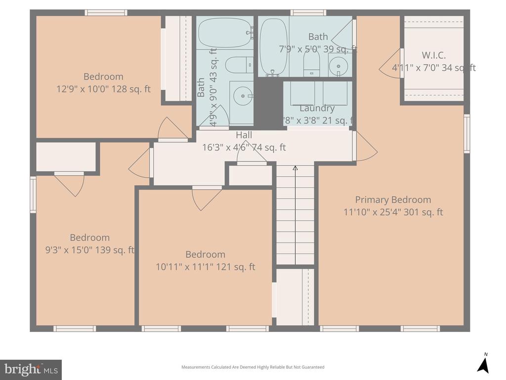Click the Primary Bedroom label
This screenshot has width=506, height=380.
point(393,200)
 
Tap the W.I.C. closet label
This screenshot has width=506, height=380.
point(433,55)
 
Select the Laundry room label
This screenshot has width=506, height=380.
point(317,108)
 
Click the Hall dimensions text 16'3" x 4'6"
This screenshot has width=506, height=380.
point(244,147)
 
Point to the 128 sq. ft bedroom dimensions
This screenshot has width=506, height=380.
point(103,89)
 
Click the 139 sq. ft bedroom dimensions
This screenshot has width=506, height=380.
point(89,250)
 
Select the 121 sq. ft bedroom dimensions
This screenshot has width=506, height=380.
point(205,267)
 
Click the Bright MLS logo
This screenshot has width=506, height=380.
point(31,369)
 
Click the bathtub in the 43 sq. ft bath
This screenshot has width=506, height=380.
point(225,32)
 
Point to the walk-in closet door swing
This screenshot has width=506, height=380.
point(390,63)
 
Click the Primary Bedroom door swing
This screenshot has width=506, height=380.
point(365,147)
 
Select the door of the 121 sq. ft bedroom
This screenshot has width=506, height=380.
point(206,197)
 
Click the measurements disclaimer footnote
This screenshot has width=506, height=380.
point(253,367)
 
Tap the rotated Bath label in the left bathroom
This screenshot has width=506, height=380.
point(201,87)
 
